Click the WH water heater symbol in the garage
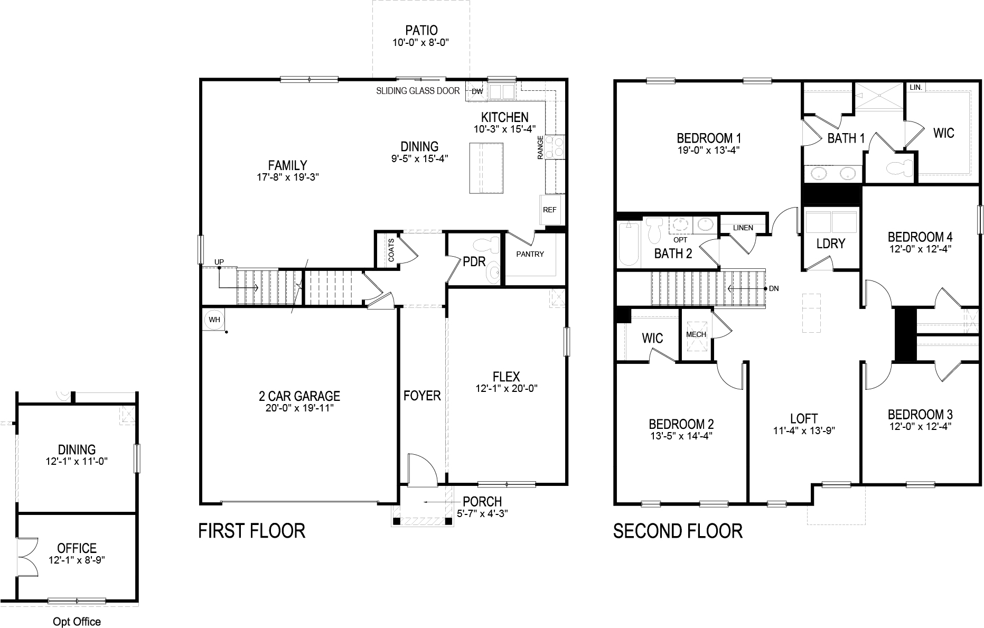(x=214, y=320)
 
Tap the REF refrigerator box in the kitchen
(x=549, y=210)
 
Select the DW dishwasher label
(x=477, y=91)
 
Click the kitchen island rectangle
(x=486, y=168)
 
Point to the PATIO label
(x=421, y=31)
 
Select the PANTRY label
(x=530, y=254)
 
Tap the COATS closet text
(x=391, y=250)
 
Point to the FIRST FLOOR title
(x=251, y=530)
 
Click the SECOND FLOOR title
(x=678, y=530)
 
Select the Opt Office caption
(x=77, y=622)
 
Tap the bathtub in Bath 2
(x=629, y=244)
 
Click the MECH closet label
(x=696, y=334)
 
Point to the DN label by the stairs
(x=774, y=289)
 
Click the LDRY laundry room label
(x=830, y=243)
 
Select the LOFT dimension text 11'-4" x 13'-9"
(x=803, y=430)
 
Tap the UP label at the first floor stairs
(x=219, y=262)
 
